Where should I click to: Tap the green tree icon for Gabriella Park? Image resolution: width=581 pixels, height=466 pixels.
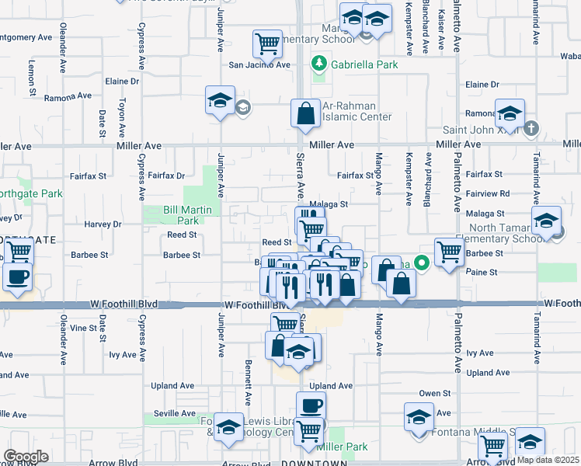click(318, 64)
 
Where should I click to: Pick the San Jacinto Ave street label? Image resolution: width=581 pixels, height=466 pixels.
click(259, 65)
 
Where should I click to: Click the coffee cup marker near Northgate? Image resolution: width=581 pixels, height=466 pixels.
click(17, 276)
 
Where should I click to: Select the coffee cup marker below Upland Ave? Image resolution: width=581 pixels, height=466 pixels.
click(311, 405)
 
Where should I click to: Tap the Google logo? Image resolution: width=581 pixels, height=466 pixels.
click(26, 456)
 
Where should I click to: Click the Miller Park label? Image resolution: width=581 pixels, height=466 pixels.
click(343, 447)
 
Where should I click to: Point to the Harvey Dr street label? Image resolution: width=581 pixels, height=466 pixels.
click(106, 224)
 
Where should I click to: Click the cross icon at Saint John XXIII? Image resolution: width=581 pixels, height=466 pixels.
click(531, 129)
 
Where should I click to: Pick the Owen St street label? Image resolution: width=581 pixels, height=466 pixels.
click(435, 394)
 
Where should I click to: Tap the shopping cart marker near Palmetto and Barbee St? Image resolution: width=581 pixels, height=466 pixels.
click(449, 252)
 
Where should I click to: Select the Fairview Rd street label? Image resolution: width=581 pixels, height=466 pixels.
click(488, 193)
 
